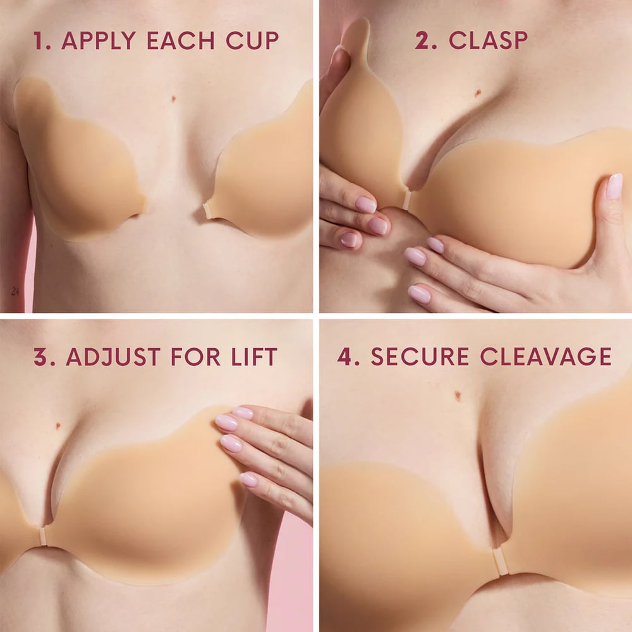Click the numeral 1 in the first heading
(40, 40)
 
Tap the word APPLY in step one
(98, 40)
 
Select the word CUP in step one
(252, 40)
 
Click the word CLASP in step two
(488, 40)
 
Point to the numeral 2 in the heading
(422, 40)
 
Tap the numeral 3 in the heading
(40, 357)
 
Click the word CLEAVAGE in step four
(545, 356)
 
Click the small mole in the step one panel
(174, 99)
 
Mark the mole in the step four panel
(457, 396)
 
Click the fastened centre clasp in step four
(500, 561)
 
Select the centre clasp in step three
(42, 536)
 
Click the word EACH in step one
(176, 40)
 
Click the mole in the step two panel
(477, 93)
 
